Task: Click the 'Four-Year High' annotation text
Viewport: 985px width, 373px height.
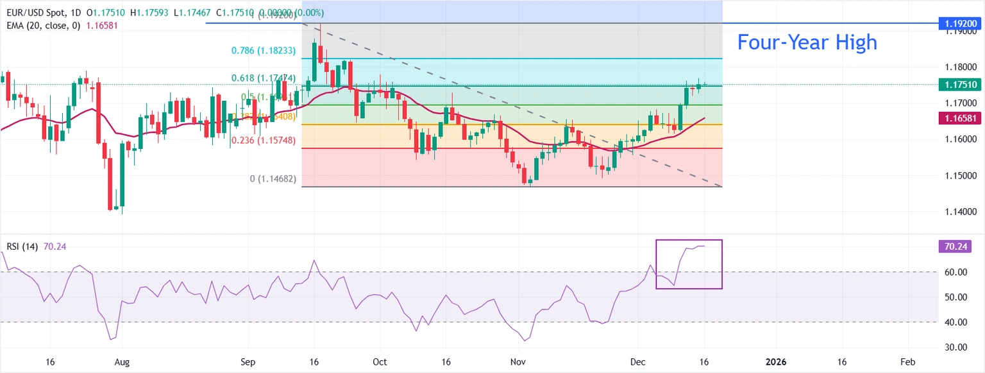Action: tap(807, 42)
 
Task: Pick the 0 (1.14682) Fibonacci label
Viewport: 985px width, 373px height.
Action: tap(273, 178)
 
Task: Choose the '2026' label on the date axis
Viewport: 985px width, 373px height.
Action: tap(776, 362)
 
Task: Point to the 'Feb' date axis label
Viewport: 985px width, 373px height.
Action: tap(907, 362)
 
